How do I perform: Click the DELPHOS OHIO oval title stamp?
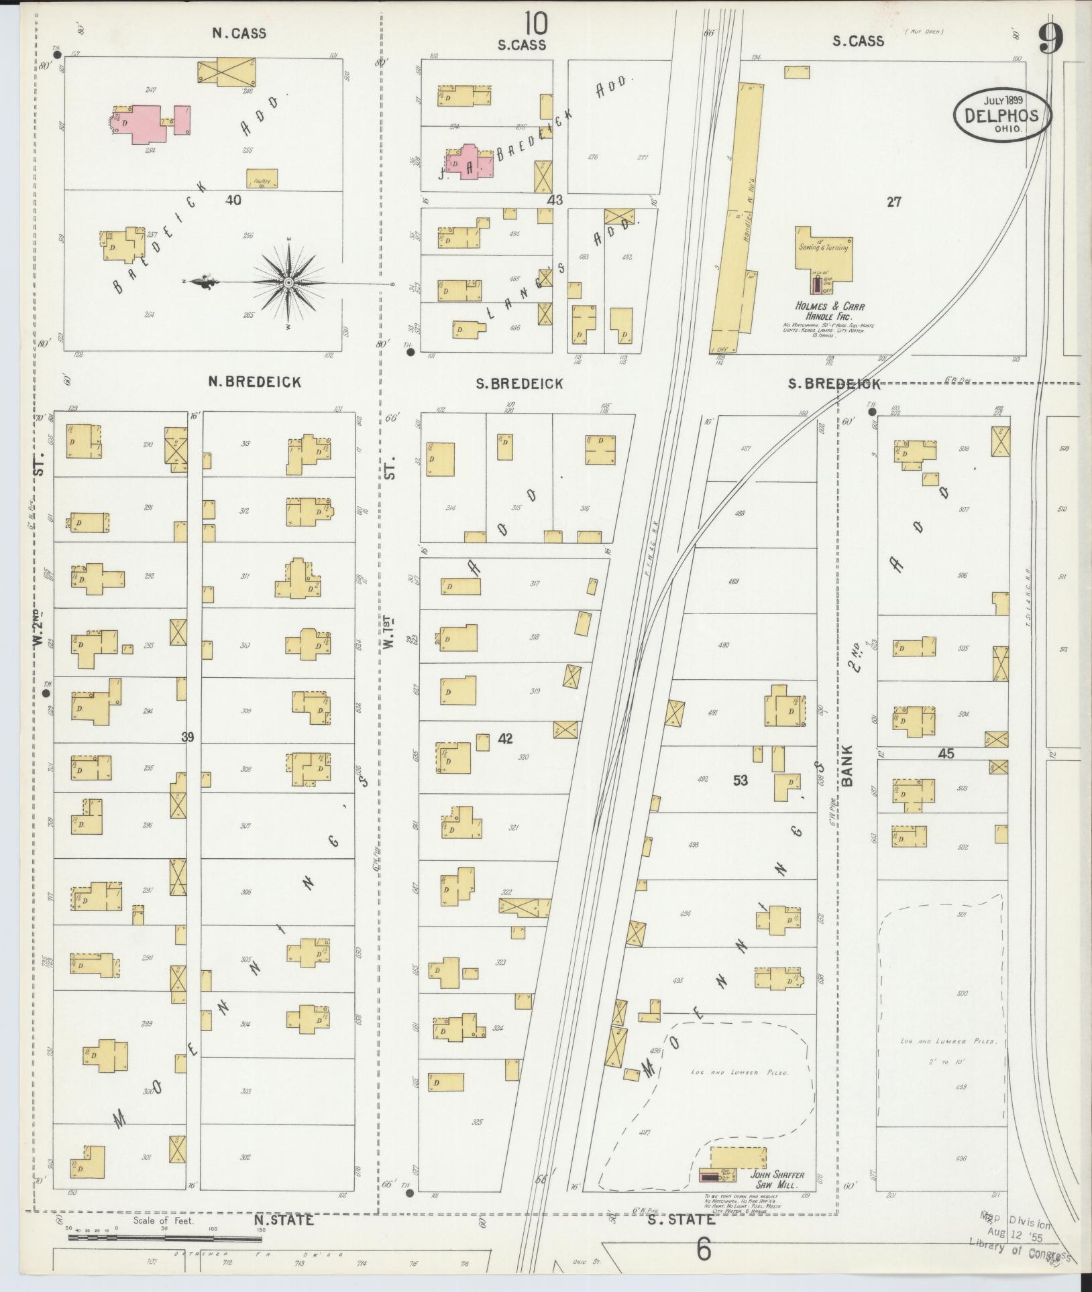1003,115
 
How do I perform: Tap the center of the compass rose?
288,282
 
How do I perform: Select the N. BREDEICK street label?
254,382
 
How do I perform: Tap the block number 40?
233,200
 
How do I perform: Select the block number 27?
893,202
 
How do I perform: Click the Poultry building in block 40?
262,178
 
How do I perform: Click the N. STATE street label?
283,1220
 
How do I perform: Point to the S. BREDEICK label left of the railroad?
519,384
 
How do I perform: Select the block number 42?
505,739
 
